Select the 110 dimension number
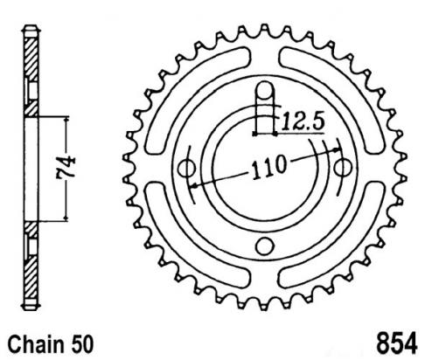coord(268,167)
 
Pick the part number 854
coord(397,343)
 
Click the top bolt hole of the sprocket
coord(265,90)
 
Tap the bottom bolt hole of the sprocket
coord(265,246)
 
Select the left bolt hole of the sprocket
coord(186,168)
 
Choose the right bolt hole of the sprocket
coord(343,168)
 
